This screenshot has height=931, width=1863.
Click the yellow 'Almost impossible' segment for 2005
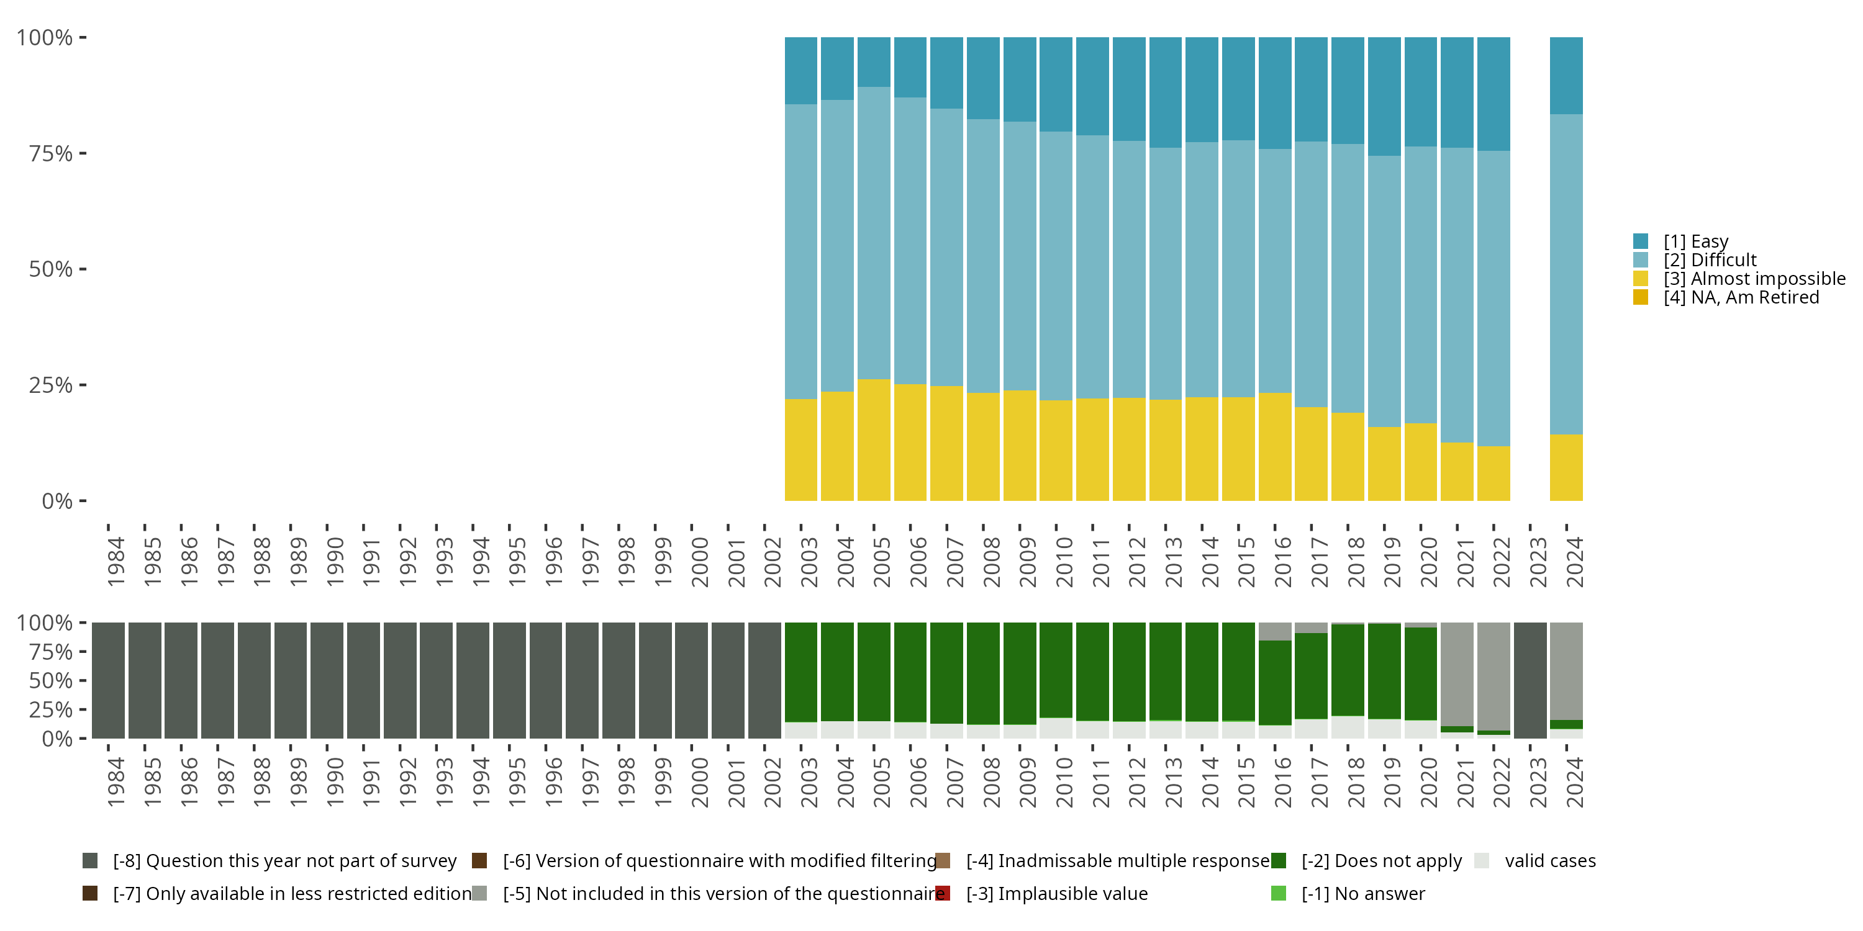874,439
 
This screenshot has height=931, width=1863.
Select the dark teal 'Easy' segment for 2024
1567,76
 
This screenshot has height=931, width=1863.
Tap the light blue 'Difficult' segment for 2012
1129,269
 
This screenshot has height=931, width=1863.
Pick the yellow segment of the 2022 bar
1494,474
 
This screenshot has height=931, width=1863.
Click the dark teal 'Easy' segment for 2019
1384,97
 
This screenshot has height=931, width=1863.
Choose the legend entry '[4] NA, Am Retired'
1726,298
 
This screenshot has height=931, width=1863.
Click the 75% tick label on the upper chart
51,153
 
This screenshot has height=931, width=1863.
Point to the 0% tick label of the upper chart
57,501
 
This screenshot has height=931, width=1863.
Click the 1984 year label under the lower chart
116,782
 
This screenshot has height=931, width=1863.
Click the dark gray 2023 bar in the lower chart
1530,680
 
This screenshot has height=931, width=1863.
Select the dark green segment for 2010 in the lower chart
1056,670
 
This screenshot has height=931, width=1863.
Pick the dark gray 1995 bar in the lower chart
509,680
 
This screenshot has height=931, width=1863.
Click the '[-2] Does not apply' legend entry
1367,861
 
